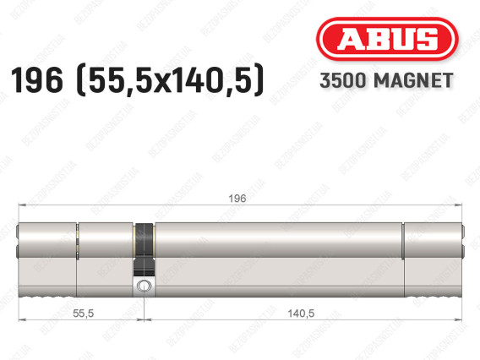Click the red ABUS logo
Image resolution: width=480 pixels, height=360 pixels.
coord(387,39)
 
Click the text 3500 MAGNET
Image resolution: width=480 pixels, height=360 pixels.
coord(386,80)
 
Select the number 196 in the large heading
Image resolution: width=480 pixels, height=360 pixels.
coord(37,80)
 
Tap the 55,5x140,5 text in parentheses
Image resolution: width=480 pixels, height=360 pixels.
coord(169,80)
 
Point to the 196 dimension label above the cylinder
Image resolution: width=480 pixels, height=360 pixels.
coord(237,199)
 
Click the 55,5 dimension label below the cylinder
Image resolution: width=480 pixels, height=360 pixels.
coord(84,314)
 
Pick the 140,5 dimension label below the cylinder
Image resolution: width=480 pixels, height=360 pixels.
coord(301,314)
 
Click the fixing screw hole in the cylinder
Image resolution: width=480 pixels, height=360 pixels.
coord(144,286)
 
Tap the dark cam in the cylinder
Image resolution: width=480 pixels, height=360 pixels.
coord(144,249)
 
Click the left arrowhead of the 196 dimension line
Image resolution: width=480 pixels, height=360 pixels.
coord(22,205)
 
